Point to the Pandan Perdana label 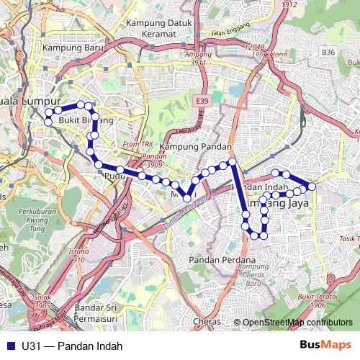coord(222,259)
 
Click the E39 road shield coord(201,102)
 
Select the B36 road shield coord(329,53)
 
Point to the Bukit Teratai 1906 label coord(318,300)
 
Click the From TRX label coord(138,145)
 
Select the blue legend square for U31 coord(9,346)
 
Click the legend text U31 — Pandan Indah coord(67,346)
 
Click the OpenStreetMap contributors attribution coord(297,323)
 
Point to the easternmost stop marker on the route coord(312,186)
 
